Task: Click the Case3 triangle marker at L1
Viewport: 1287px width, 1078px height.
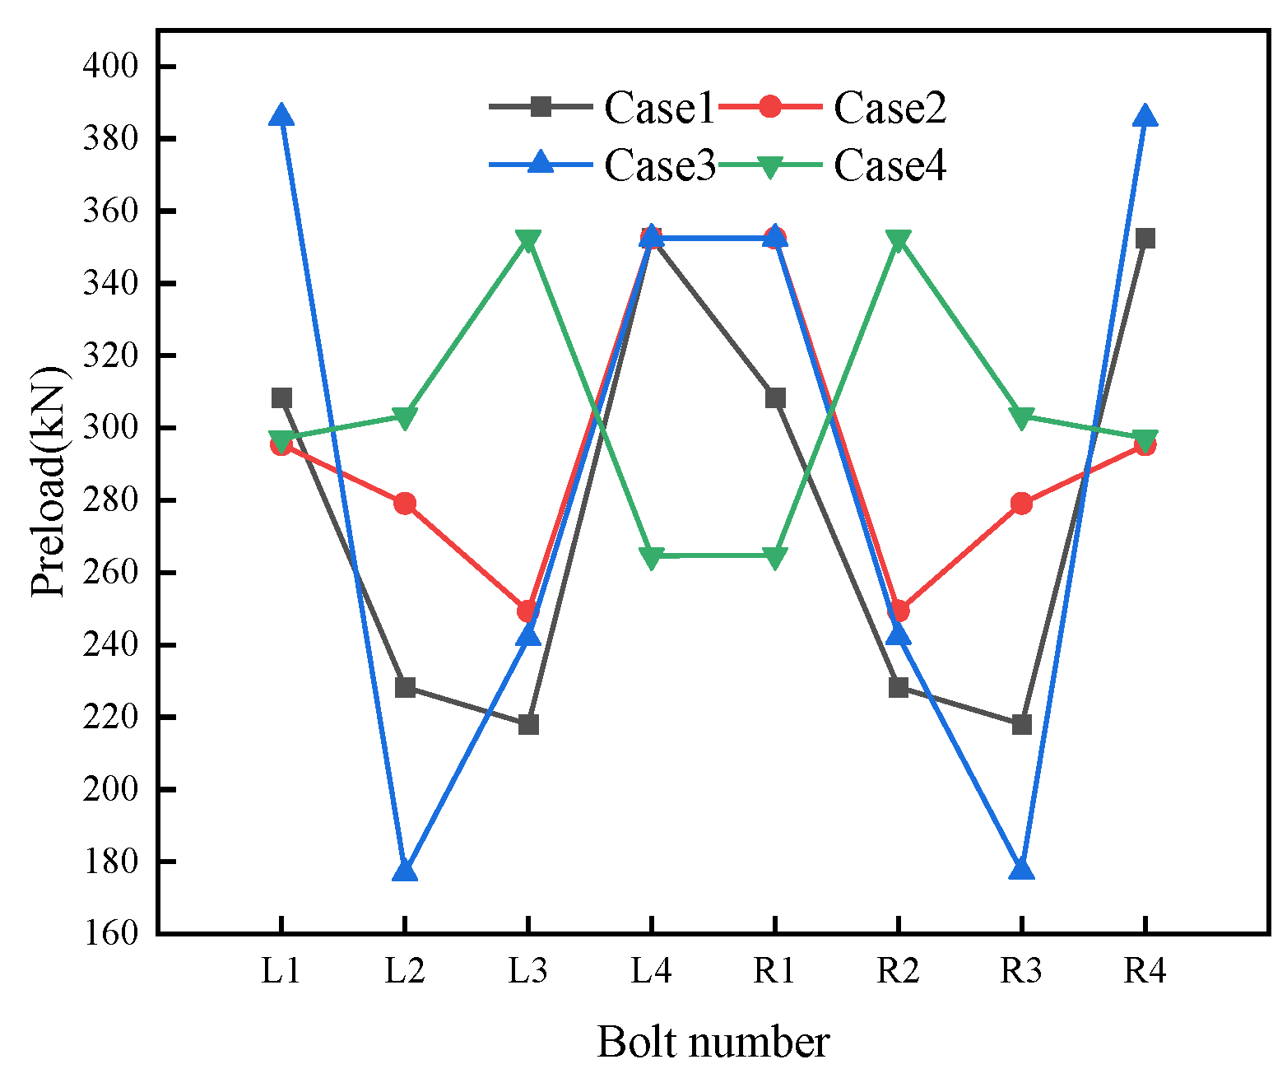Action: [281, 116]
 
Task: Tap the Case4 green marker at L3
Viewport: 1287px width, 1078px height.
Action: [528, 240]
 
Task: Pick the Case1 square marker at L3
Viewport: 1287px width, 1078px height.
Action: [528, 724]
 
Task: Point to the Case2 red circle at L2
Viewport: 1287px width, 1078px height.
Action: [405, 503]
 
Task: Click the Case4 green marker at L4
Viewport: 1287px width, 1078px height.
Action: [652, 558]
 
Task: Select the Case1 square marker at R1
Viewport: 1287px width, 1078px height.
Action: [775, 398]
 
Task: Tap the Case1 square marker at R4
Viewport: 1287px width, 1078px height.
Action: [1145, 239]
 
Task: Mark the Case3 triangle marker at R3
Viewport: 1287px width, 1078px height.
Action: [1022, 871]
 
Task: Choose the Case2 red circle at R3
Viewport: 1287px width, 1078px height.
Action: [1022, 503]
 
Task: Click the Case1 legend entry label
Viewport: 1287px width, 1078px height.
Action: [659, 108]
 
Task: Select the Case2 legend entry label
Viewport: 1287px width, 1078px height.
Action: [890, 108]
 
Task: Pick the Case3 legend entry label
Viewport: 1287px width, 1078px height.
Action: [659, 165]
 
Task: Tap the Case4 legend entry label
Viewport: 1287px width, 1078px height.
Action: [890, 165]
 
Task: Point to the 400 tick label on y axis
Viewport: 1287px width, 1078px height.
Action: [110, 66]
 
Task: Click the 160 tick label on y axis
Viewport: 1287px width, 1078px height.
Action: [110, 933]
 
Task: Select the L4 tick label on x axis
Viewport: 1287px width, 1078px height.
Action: [652, 972]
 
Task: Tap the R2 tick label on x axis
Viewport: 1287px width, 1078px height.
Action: [898, 972]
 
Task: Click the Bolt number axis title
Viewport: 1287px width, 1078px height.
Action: [713, 1043]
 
